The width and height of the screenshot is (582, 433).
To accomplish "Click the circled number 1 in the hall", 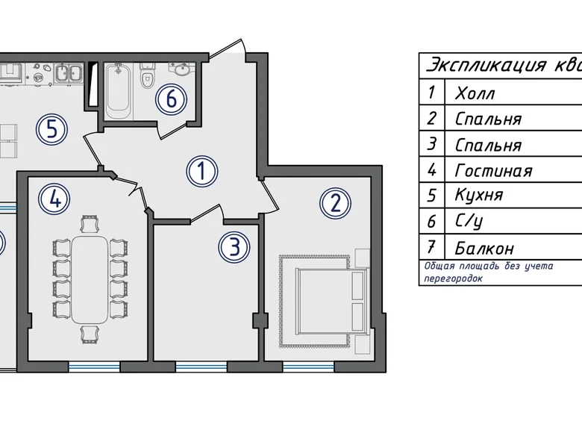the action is tap(202, 172).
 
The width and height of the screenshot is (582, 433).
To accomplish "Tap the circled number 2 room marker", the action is tap(335, 203).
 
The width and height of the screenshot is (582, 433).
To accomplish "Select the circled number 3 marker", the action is tap(234, 248).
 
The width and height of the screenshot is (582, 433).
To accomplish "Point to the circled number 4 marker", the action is tap(54, 199).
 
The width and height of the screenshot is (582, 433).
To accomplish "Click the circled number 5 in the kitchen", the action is tap(51, 130).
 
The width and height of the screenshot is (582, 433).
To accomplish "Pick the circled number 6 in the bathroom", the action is tap(171, 99).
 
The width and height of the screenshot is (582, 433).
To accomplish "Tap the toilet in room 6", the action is tap(147, 76).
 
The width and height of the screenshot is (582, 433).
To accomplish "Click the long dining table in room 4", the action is tap(90, 279).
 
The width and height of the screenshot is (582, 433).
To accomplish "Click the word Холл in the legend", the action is tap(475, 93).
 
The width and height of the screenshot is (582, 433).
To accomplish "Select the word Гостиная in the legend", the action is tap(494, 171).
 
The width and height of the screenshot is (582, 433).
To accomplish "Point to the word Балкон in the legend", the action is tap(484, 248).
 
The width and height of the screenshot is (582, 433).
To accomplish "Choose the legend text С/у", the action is tap(469, 222).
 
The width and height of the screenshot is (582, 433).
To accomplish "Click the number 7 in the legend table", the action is tap(431, 246).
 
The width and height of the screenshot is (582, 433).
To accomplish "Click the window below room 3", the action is tap(201, 367).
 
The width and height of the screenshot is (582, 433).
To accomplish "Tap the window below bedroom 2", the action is tap(308, 367).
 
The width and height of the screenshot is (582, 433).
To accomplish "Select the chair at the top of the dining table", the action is tap(90, 224).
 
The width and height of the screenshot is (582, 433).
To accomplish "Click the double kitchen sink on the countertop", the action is tap(69, 72).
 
